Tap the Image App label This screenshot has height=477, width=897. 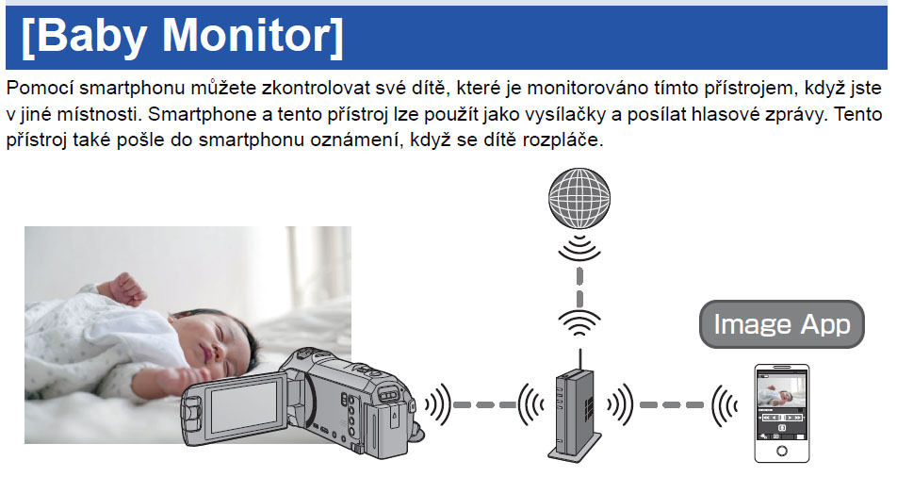point(781,324)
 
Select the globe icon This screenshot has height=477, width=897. point(579,199)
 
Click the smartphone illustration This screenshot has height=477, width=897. point(781,412)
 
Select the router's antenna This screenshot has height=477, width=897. point(580,360)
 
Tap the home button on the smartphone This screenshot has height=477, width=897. point(781,452)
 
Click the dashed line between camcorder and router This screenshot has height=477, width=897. point(484,404)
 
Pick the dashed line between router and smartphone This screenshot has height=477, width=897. point(672,404)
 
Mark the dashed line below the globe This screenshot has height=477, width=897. point(579,288)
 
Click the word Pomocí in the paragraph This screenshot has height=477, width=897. point(40,89)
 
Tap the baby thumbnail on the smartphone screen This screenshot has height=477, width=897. point(781,390)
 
